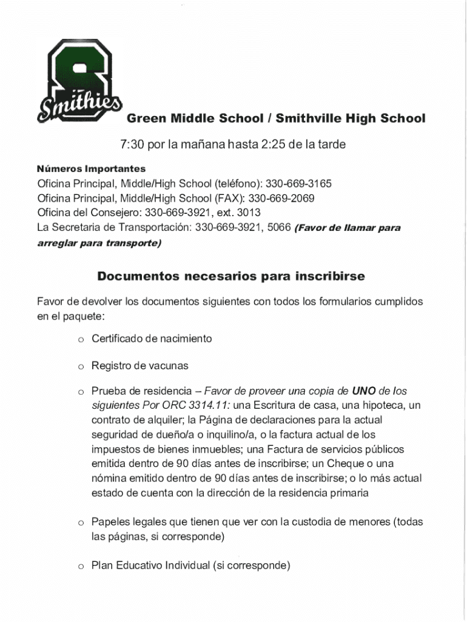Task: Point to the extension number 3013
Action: [x=248, y=213]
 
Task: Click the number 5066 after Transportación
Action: [x=279, y=228]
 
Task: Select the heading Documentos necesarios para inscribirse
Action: [x=231, y=276]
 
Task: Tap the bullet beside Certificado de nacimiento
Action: [x=79, y=339]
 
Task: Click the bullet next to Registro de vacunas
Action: [x=79, y=366]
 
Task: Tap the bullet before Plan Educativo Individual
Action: [x=79, y=567]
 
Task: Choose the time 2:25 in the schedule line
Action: [x=274, y=145]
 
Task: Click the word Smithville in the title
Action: [x=309, y=118]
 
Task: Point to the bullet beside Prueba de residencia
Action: [x=79, y=391]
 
